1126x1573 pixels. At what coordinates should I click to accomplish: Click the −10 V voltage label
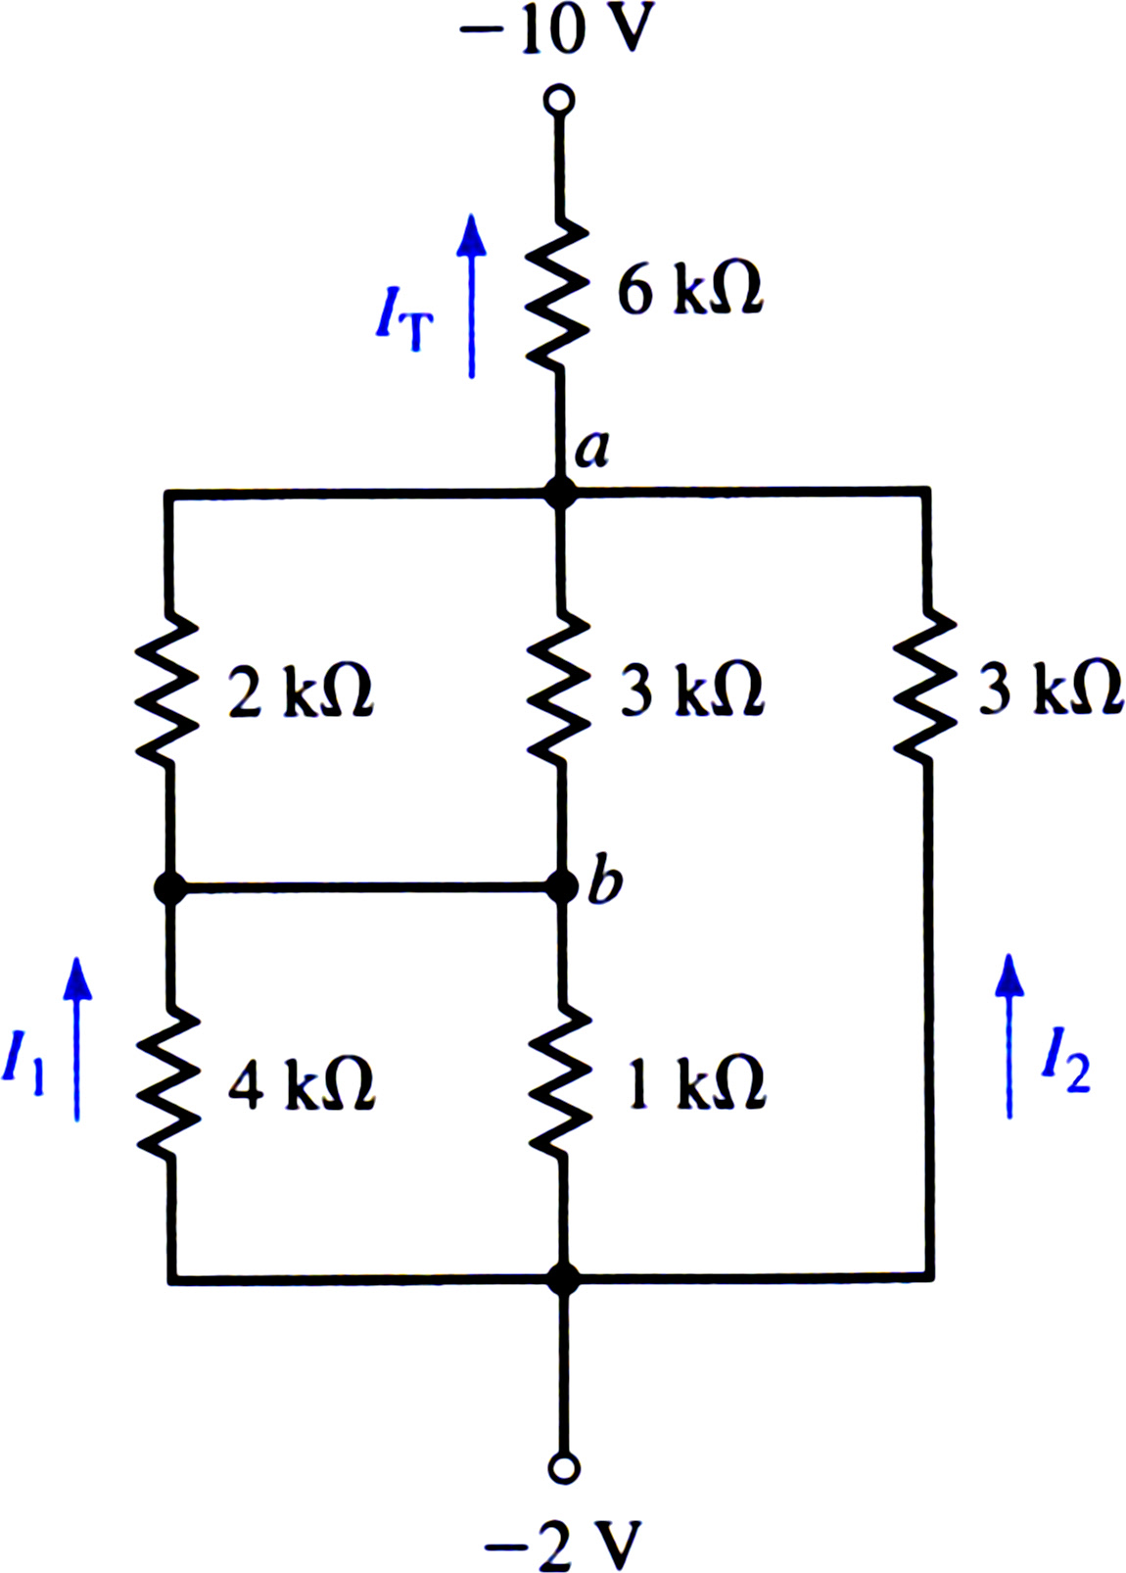coord(557,28)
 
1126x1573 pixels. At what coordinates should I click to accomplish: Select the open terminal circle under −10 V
coord(559,100)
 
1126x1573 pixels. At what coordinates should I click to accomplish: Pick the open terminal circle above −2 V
coord(564,1467)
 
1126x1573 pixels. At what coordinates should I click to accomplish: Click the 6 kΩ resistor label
coord(690,289)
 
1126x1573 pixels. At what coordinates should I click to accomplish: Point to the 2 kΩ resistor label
coord(302,691)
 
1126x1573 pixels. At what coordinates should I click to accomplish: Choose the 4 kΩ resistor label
coord(302,1084)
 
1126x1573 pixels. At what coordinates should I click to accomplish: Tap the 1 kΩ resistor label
coord(696,1084)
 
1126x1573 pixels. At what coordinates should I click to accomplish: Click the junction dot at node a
coord(560,493)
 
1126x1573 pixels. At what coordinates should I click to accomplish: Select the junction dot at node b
coord(562,887)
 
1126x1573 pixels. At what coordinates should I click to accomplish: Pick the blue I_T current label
coord(404,319)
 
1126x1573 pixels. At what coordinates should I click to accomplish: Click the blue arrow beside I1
coord(77,1038)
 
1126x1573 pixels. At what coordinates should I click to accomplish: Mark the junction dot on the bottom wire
coord(564,1279)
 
